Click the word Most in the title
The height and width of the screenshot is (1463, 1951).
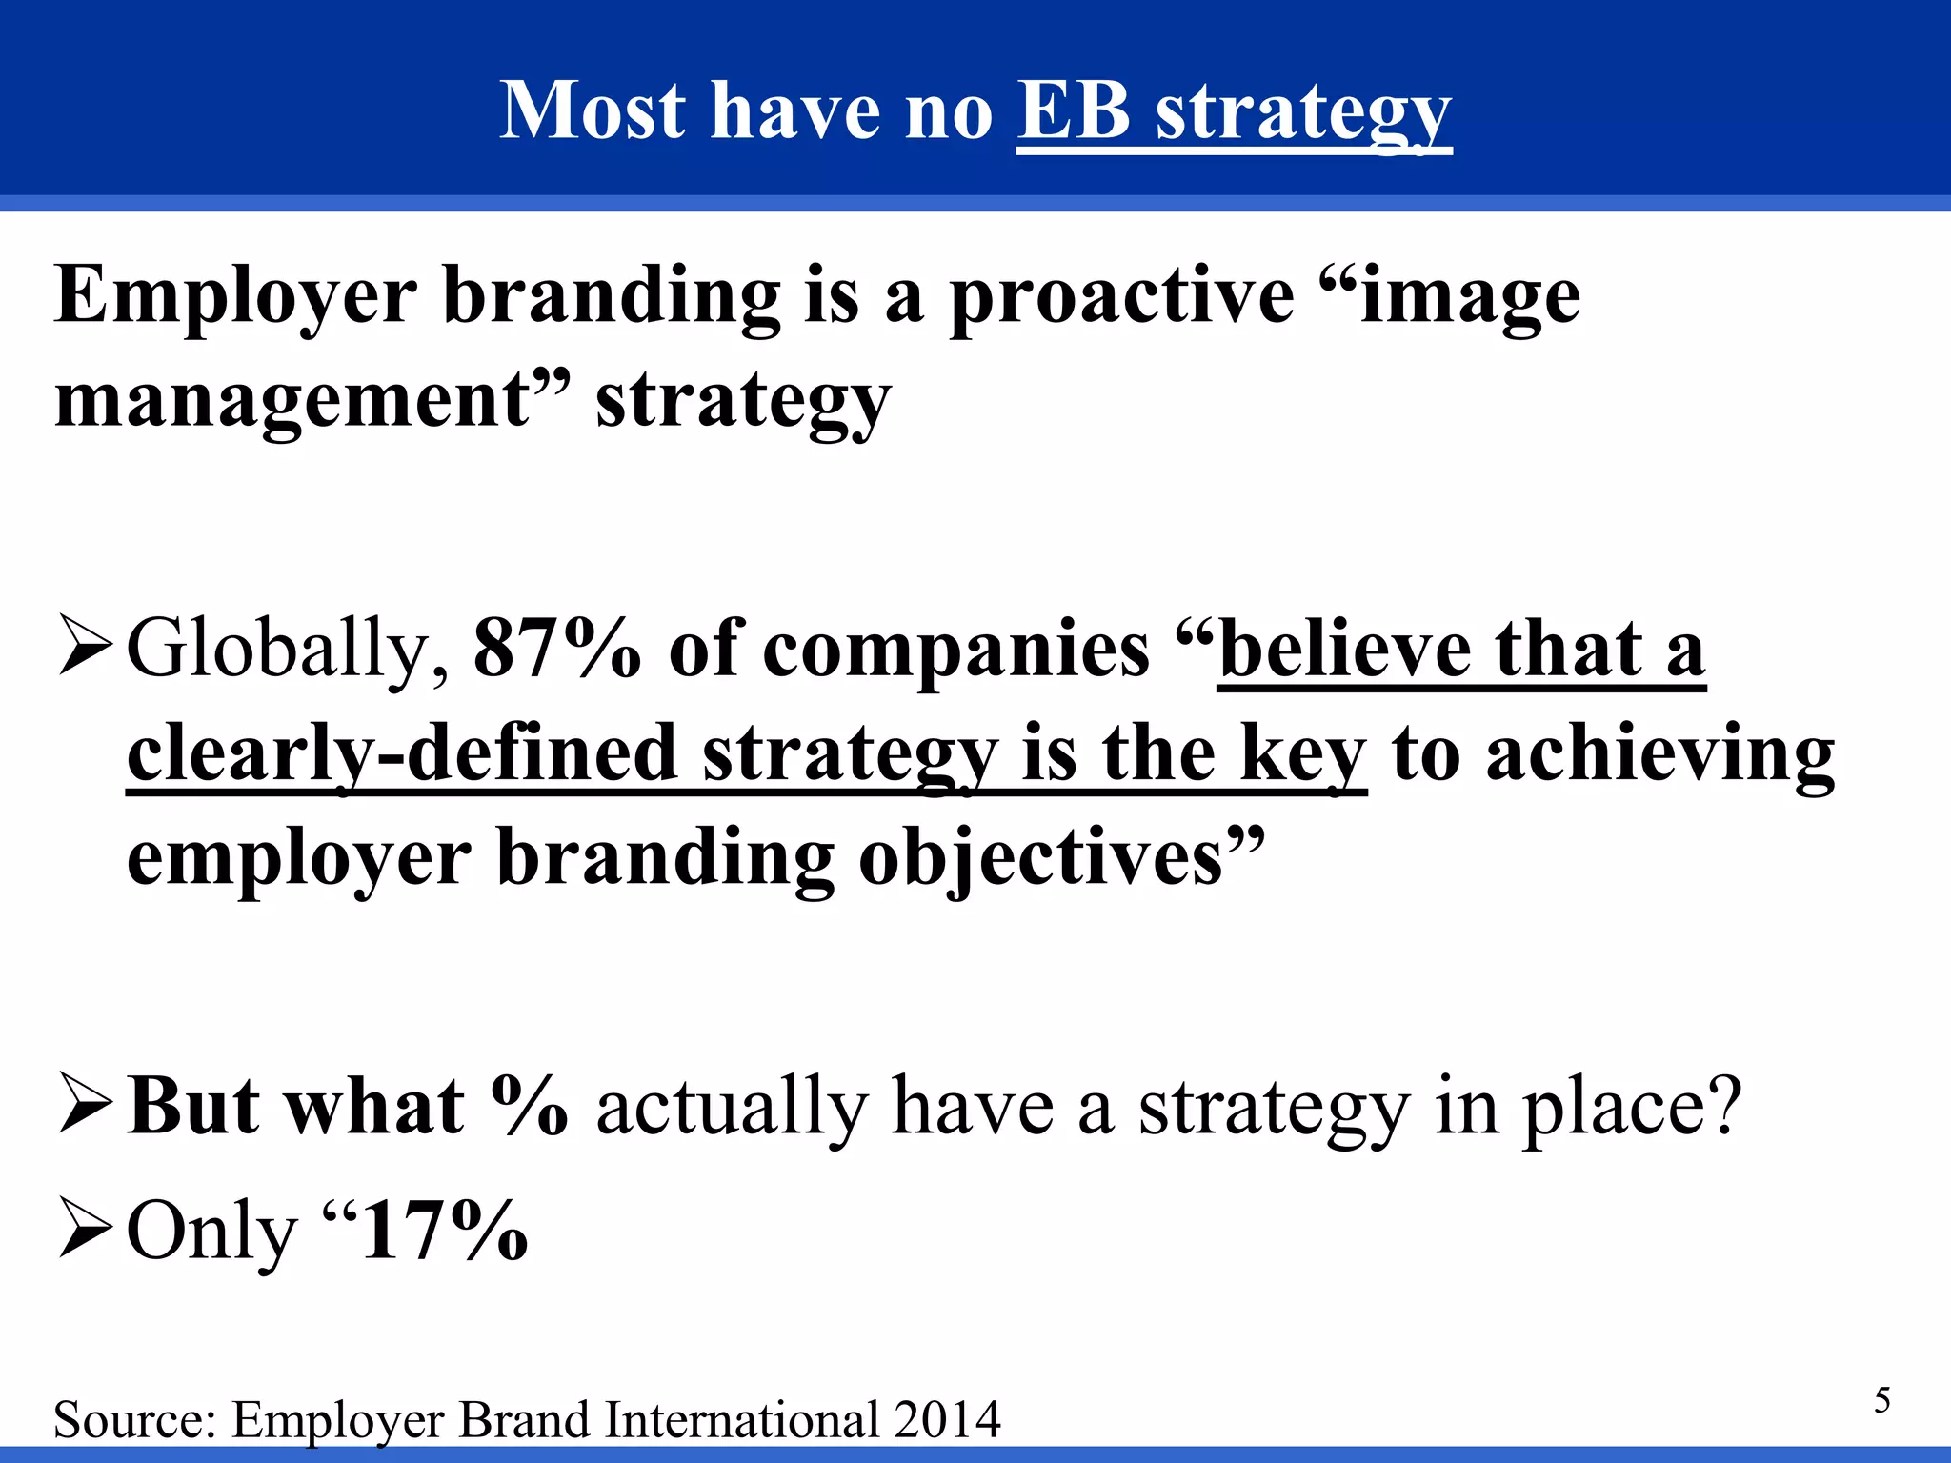click(592, 110)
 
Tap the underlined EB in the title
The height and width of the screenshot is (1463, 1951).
click(1074, 110)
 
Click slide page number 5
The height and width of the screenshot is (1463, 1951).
click(1881, 1400)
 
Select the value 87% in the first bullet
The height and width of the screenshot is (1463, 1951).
click(556, 650)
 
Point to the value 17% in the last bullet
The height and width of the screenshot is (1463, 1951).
click(445, 1231)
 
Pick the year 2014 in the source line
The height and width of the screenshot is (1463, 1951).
click(947, 1420)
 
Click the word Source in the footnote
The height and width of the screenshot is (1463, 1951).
click(133, 1420)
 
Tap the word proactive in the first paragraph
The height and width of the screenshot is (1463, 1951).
click(1121, 297)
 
